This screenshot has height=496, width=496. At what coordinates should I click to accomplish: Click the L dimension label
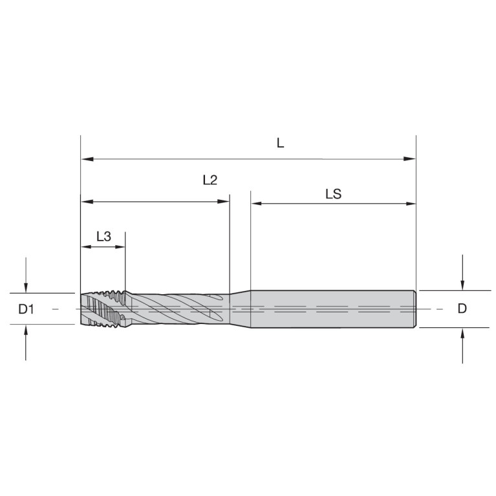280,144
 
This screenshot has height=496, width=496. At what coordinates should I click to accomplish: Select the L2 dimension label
210,180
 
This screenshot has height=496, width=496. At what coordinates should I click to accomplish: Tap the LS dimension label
334,194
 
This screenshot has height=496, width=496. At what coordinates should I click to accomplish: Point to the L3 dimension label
103,236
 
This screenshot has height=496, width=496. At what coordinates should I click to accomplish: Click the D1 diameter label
26,309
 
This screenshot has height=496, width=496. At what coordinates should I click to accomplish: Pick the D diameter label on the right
462,308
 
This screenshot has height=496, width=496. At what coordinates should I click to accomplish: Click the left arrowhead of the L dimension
87,158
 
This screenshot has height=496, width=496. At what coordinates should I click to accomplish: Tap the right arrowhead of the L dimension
409,159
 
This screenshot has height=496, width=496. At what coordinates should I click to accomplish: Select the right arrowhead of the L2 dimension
223,202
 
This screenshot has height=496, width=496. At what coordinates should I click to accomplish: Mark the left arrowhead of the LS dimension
257,204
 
